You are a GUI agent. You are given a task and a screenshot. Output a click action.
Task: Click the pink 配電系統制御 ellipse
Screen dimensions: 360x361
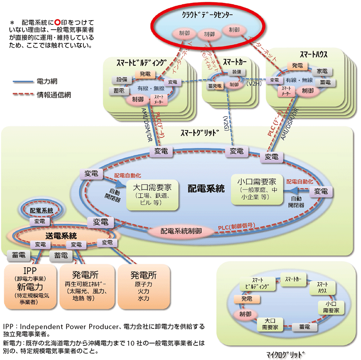(181, 231)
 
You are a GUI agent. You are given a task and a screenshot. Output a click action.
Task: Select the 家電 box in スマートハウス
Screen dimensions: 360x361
(322, 71)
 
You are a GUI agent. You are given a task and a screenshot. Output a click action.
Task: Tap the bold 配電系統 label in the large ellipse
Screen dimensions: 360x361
(206, 188)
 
